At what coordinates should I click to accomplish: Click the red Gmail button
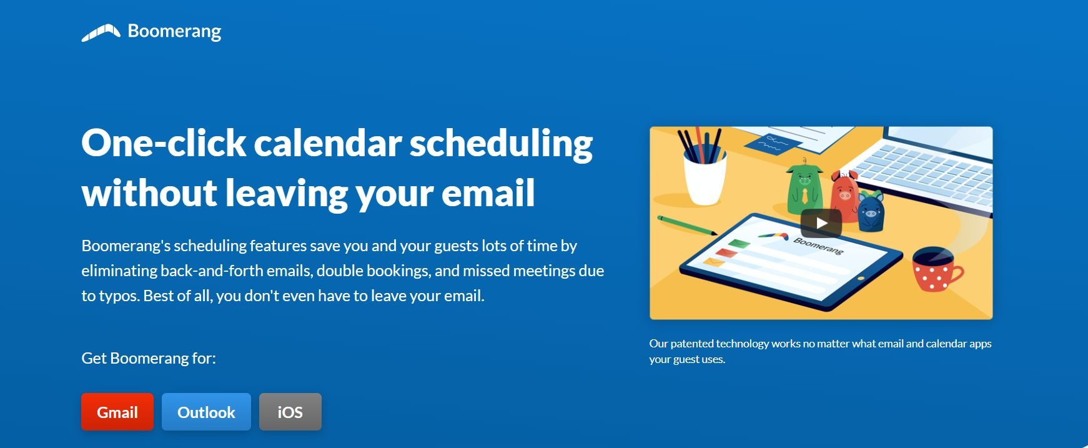[117, 412]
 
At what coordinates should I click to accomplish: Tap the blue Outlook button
[206, 412]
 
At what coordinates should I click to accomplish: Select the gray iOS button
[290, 412]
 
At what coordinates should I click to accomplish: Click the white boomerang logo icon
[101, 32]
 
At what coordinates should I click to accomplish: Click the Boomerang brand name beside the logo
[174, 31]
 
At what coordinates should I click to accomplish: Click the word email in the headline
[488, 193]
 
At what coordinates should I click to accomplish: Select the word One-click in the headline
[164, 143]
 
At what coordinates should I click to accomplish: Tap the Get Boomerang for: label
[149, 358]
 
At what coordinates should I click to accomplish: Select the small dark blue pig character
[871, 211]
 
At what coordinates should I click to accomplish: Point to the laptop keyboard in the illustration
[918, 172]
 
